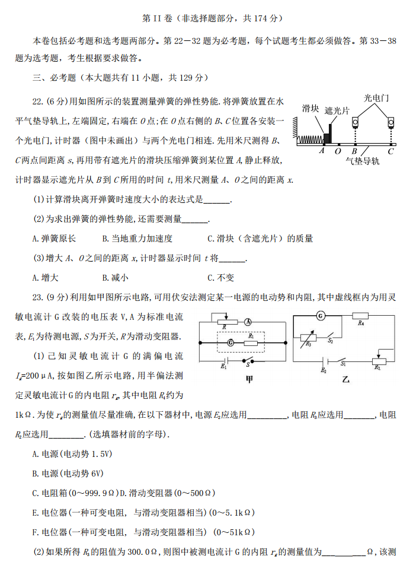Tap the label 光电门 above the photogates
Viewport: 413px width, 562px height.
376,97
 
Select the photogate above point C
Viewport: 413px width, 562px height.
391,123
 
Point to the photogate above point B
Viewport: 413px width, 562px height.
355,123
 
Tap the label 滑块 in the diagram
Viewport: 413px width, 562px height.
311,108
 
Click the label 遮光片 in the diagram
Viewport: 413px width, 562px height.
337,110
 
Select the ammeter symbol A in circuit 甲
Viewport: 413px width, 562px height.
248,321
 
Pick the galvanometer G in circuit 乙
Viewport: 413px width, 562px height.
321,315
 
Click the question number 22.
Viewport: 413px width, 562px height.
38,101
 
